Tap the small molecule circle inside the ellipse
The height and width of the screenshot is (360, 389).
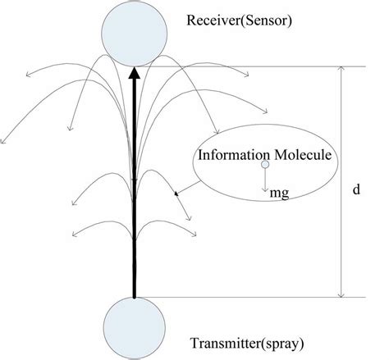click(x=265, y=166)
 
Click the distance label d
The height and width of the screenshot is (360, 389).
click(x=355, y=189)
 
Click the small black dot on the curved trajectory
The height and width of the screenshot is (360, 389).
click(x=175, y=194)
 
